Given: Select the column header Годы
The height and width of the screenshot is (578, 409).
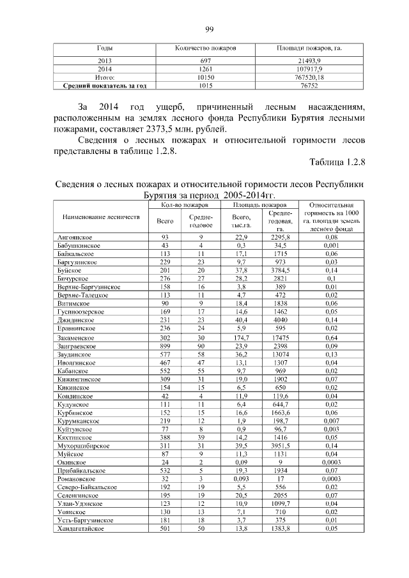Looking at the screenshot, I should coord(105,49).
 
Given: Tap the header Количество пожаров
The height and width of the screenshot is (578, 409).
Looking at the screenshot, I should coord(205,49).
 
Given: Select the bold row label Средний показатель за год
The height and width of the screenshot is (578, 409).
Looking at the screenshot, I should coord(105,84).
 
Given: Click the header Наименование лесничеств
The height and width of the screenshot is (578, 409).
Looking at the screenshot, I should coord(100,217).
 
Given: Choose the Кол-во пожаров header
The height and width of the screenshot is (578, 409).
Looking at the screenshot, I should coord(183,205).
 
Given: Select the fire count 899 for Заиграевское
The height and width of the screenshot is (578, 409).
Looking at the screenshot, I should coord(166,346).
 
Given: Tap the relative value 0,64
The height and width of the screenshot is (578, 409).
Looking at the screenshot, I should coord(331,337).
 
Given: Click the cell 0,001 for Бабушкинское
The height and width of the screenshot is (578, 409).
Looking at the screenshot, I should coord(331,245).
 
